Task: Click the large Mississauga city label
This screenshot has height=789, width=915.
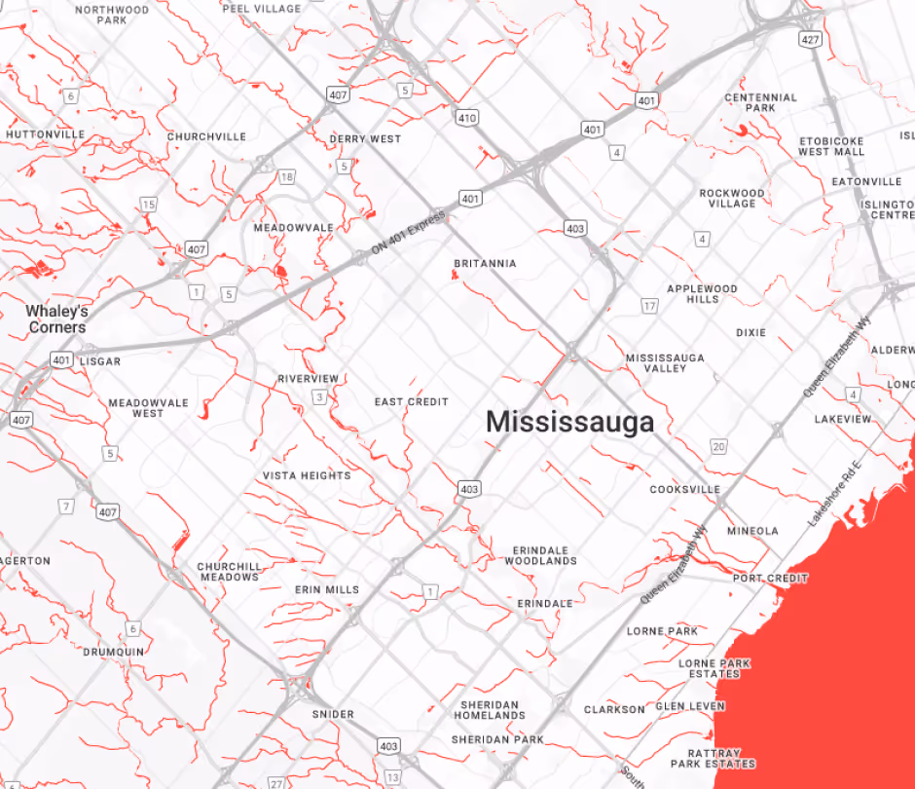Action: (569, 422)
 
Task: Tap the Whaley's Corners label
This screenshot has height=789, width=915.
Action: (56, 319)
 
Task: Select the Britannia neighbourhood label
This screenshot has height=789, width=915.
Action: (485, 264)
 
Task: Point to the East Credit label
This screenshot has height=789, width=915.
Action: (411, 401)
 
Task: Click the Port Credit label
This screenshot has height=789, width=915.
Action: (770, 579)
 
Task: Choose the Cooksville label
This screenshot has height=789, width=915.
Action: (685, 489)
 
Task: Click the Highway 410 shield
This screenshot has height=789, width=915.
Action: (468, 118)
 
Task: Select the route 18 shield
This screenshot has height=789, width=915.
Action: (286, 176)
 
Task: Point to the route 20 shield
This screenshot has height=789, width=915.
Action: (718, 447)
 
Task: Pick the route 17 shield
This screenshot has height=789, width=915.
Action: (649, 307)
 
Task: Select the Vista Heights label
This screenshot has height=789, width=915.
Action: (307, 475)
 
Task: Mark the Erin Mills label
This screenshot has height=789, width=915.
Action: (327, 589)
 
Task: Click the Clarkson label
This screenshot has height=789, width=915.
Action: (614, 709)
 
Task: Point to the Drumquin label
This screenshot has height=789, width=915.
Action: (113, 652)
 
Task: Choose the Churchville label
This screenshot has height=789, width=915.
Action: (206, 136)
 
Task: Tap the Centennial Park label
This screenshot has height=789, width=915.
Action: (760, 102)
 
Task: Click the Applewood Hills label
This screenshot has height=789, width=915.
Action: (702, 293)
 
